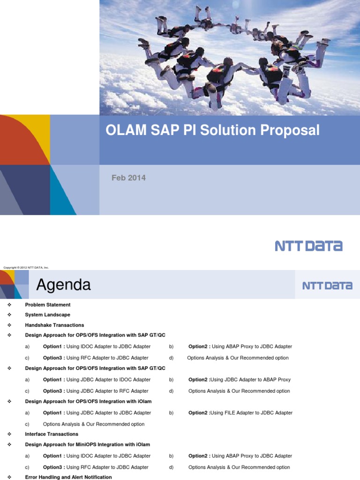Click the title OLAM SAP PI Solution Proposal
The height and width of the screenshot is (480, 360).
click(212, 130)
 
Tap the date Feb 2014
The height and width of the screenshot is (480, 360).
click(122, 178)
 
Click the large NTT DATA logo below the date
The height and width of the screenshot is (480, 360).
click(308, 246)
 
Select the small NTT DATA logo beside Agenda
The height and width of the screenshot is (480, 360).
click(327, 285)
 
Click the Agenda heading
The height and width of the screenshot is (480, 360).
click(64, 285)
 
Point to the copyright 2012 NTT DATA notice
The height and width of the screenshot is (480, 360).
click(26, 268)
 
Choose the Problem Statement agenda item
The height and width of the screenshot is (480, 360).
click(47, 305)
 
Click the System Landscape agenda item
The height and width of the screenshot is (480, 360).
click(47, 315)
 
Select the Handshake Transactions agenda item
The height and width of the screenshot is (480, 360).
click(54, 325)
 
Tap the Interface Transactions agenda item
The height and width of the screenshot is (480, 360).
click(52, 434)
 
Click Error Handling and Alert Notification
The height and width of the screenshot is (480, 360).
click(68, 477)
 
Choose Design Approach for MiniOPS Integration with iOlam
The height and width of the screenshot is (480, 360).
click(87, 444)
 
